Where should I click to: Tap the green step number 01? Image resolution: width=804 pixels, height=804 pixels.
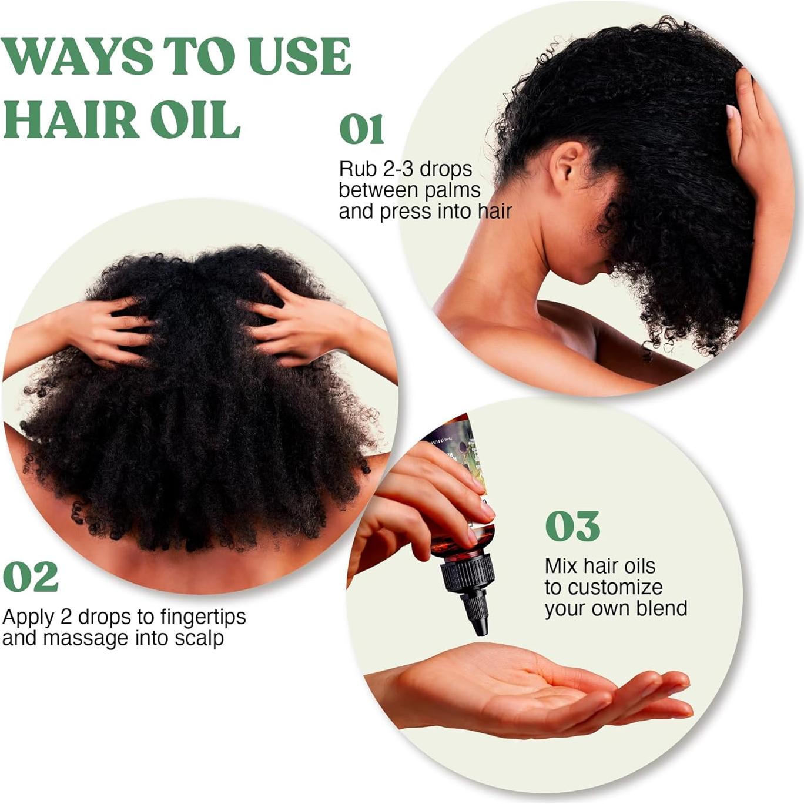coord(361,130)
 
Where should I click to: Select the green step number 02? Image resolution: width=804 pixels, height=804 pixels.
coord(31,577)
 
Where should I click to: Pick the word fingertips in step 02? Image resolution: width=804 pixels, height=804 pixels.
coord(200,617)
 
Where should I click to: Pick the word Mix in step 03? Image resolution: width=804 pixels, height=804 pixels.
coord(560,566)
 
